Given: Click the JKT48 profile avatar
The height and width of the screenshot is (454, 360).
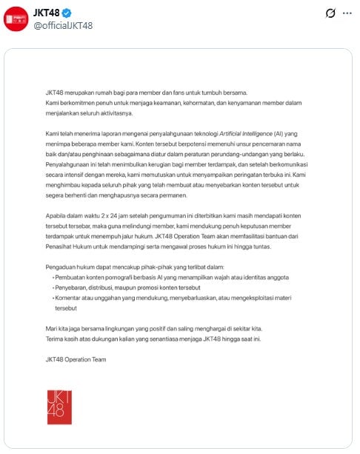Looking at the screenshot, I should pyautogui.click(x=16, y=19).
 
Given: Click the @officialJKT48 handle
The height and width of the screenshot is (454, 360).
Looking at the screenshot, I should pyautogui.click(x=63, y=25).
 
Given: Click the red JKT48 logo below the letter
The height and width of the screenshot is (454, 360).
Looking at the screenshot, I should pyautogui.click(x=59, y=406).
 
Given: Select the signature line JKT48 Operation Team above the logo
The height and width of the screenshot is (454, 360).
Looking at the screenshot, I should pyautogui.click(x=75, y=359).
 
